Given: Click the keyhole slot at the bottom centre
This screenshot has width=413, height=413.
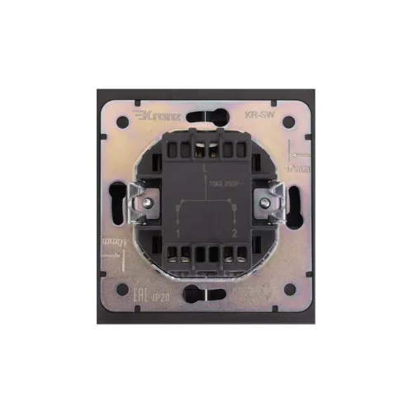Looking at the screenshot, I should [206, 291].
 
